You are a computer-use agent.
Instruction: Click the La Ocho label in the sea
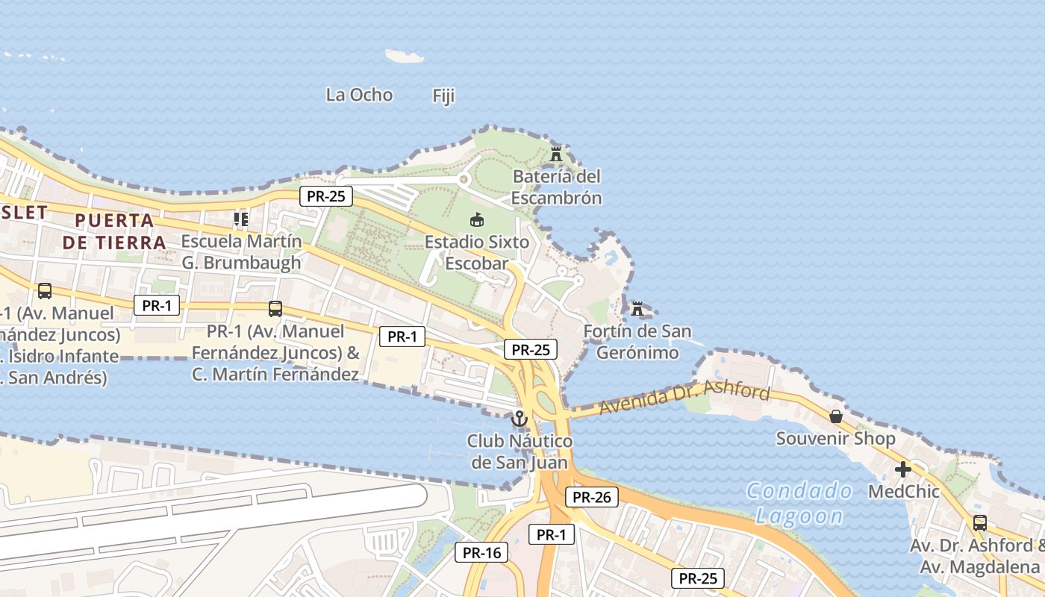[x=359, y=95]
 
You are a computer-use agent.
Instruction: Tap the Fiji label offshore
[x=443, y=96]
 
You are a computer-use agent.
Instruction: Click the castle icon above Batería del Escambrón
[x=556, y=154]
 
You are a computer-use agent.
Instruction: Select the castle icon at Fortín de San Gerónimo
[x=637, y=308]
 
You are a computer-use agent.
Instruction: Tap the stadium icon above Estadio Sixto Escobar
[x=476, y=219]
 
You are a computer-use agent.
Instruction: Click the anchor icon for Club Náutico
[x=519, y=419]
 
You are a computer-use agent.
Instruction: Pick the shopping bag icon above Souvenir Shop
[x=836, y=416]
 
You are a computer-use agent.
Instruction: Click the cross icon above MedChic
[x=903, y=469]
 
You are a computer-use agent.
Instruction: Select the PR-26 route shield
[x=591, y=497]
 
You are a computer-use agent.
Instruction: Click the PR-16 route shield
[x=481, y=552]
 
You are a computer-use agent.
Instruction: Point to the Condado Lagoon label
[x=799, y=503]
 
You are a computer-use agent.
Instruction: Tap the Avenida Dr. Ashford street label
[x=684, y=400]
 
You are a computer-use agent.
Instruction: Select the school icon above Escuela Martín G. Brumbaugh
[x=240, y=219]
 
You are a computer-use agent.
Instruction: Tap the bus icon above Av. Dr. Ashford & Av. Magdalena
[x=979, y=523]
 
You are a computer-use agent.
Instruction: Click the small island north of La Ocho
[x=404, y=56]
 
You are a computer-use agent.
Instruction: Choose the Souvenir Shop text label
[x=835, y=438]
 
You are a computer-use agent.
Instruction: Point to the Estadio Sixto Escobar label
[x=477, y=252]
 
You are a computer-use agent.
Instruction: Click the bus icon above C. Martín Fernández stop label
[x=275, y=308]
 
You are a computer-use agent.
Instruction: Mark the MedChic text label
[x=903, y=492]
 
